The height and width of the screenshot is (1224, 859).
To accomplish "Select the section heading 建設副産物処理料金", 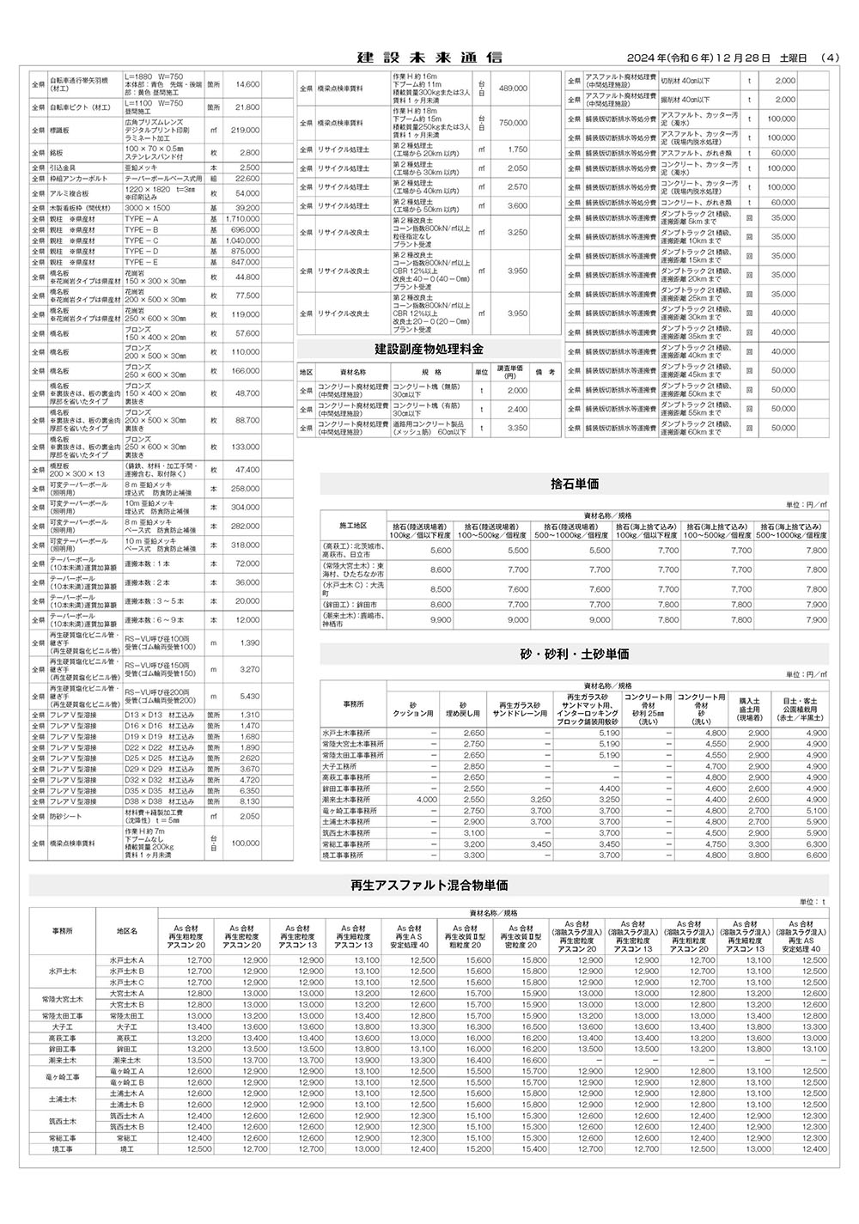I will tap(429, 350).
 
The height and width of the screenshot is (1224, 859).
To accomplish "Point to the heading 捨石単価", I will tap(575, 484).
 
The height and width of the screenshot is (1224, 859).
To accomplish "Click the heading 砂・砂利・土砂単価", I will tap(575, 654).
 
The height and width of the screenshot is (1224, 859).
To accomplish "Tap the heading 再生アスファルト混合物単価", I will tap(429, 885).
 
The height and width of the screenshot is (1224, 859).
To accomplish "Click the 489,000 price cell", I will tap(513, 88).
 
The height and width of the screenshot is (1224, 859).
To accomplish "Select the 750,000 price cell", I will tap(513, 123).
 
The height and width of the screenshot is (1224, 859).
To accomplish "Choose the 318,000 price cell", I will tap(245, 545).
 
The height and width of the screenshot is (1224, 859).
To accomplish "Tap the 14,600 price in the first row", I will tap(247, 84).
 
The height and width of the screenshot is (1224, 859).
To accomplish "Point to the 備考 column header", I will tap(545, 372).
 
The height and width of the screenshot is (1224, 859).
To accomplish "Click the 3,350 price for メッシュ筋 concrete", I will tap(517, 428).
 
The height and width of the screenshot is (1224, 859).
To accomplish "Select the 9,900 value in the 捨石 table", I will tap(440, 619).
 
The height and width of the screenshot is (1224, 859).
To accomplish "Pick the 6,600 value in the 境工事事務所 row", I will tap(816, 856).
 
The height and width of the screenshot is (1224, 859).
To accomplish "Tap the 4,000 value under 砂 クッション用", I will tap(426, 800).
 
